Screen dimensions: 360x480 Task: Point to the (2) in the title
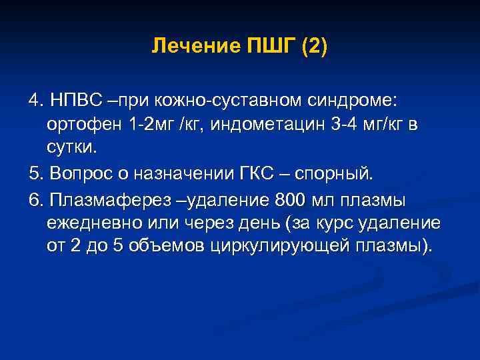[314, 47]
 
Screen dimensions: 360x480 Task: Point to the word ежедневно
[87, 223]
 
